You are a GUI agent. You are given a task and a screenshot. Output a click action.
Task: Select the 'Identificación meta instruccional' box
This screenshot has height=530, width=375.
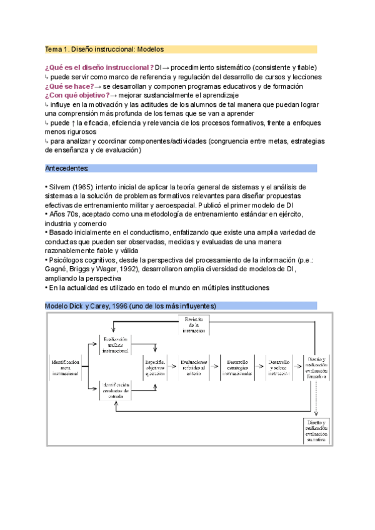pyautogui.click(x=67, y=367)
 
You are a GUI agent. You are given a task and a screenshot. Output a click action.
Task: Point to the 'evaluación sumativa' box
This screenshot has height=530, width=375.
pyautogui.click(x=316, y=431)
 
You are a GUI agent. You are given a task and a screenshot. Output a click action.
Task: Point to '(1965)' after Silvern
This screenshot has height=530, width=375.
pyautogui.click(x=84, y=187)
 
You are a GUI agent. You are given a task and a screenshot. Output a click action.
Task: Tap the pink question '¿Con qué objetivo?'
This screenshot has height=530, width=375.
pyautogui.click(x=77, y=95)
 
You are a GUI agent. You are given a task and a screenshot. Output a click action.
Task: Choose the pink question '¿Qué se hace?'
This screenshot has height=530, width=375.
pyautogui.click(x=68, y=86)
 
